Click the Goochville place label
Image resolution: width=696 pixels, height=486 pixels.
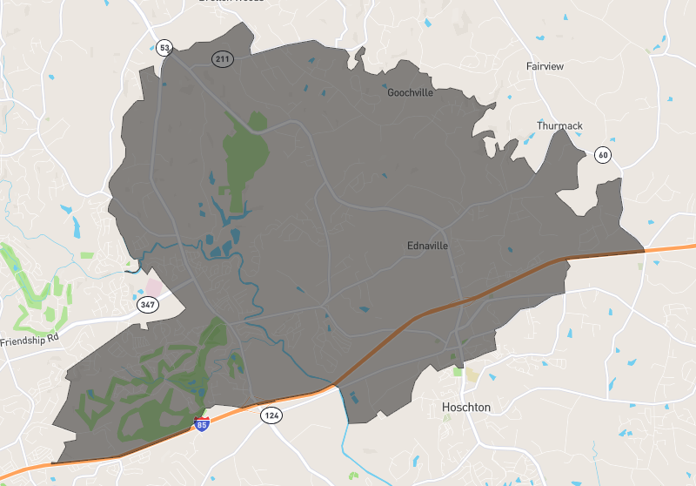(410, 92)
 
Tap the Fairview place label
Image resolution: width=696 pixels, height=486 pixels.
(546, 66)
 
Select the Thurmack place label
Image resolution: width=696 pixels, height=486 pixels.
(559, 126)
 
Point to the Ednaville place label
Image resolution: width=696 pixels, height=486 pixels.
(427, 246)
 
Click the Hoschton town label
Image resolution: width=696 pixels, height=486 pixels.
(465, 407)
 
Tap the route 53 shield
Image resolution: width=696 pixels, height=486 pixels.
(164, 48)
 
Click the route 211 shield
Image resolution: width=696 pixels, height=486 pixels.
(221, 58)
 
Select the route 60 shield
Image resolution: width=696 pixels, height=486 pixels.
(602, 155)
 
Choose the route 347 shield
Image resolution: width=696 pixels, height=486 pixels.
(146, 305)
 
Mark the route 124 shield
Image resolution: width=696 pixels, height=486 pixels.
(271, 416)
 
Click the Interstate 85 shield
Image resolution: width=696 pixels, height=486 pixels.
(202, 425)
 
